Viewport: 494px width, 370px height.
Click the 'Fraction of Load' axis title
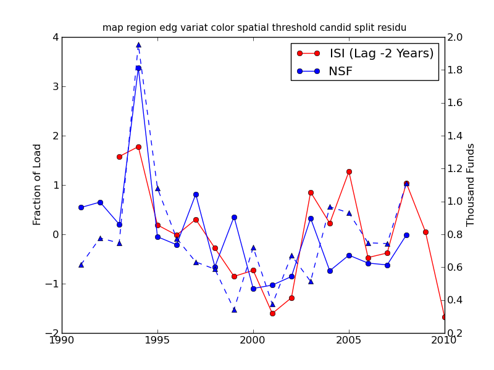(x=38, y=184)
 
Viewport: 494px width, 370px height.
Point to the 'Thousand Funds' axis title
(x=471, y=184)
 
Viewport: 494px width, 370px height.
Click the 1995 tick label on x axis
(x=157, y=340)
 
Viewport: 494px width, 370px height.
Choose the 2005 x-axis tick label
(x=349, y=340)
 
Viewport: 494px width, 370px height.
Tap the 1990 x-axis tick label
(x=62, y=340)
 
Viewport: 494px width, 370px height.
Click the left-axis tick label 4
(x=55, y=38)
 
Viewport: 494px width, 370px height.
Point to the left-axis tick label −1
(x=52, y=284)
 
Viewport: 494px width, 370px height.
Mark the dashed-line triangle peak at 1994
(x=138, y=44)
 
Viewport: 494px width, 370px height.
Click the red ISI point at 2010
(x=444, y=317)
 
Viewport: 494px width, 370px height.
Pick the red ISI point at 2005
(x=349, y=171)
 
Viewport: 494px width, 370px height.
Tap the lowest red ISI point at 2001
(x=272, y=313)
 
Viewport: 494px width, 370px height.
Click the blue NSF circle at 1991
(x=81, y=207)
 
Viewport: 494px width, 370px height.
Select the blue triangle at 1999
(x=234, y=310)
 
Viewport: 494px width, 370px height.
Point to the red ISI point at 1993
(x=119, y=157)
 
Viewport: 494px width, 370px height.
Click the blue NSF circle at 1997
(x=196, y=194)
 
